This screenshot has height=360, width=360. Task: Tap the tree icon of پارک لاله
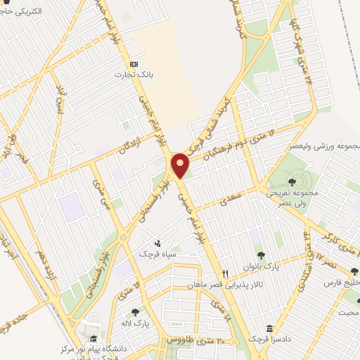pos(135,311)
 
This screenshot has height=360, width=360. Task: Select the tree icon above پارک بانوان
pos(261,255)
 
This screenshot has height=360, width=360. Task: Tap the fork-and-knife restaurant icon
pos(225,273)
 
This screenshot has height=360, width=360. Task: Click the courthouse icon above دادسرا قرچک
pos(269,329)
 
